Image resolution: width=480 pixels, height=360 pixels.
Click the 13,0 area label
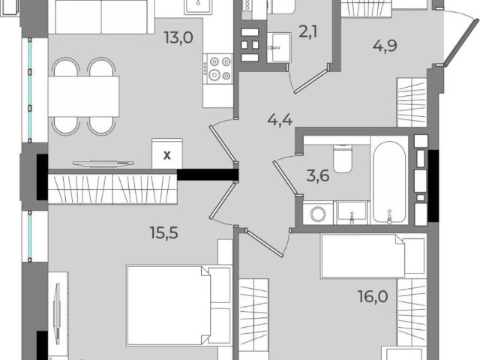point(178,38)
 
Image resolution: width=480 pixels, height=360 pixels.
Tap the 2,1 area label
point(308,31)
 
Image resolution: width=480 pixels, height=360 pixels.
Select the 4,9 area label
point(385,46)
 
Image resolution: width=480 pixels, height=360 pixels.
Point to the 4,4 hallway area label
point(280,119)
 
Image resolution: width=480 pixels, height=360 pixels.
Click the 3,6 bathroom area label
point(318,176)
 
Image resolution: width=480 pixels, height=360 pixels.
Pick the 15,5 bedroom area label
point(163,232)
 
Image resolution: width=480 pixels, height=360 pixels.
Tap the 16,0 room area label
point(373,296)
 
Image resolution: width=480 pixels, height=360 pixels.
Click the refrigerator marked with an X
point(167,153)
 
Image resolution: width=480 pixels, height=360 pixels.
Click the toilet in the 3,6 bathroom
point(343,158)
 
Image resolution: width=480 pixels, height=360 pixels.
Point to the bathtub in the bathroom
point(389,182)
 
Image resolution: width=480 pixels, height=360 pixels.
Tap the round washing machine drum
point(318,214)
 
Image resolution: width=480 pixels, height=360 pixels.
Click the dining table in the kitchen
point(83,97)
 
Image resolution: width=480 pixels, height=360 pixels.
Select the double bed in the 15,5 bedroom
point(179,306)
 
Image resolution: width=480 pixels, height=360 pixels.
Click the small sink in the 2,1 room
point(278,48)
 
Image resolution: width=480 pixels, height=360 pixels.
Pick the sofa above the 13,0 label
point(101,16)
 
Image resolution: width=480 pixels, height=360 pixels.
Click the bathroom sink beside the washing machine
point(352,212)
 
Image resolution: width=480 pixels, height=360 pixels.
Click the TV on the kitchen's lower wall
point(103,163)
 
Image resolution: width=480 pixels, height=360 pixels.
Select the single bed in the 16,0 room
point(373,256)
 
